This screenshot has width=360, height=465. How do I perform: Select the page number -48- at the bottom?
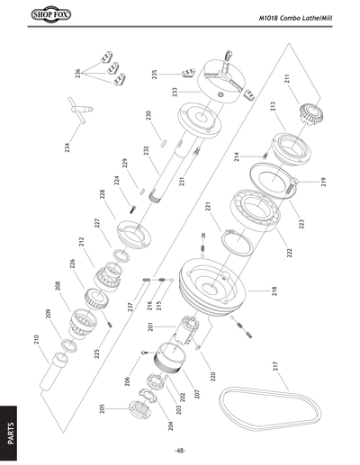pyautogui.click(x=180, y=450)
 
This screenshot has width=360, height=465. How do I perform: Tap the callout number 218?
pyautogui.click(x=273, y=291)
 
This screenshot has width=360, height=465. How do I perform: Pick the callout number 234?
pyautogui.click(x=68, y=147)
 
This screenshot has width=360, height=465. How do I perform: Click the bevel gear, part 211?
pyautogui.click(x=311, y=112)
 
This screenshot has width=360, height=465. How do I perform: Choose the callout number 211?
pyautogui.click(x=286, y=78)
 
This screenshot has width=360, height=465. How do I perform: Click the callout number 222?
pyautogui.click(x=290, y=254)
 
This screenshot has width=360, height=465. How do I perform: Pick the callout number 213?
pyautogui.click(x=271, y=107)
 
